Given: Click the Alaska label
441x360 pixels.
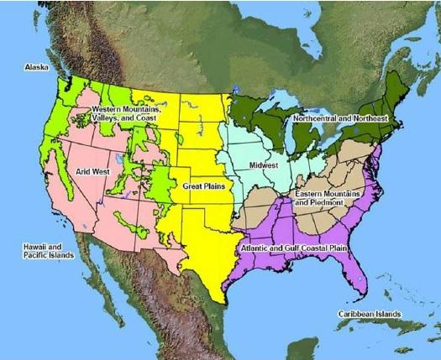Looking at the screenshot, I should click(36, 65).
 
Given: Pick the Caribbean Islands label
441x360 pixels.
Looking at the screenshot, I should click(368, 313).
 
